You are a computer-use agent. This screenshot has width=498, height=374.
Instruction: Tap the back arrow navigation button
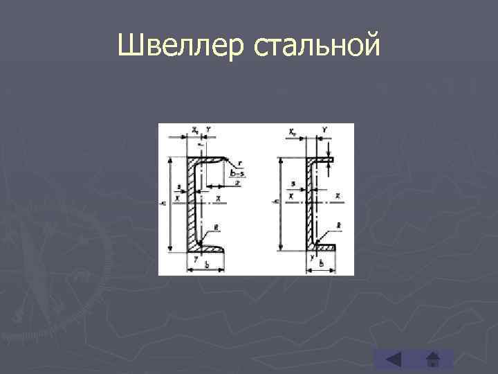click(x=393, y=360)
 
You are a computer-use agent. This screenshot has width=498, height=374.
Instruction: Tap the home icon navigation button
click(x=434, y=360)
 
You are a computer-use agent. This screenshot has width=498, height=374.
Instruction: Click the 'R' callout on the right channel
click(x=339, y=226)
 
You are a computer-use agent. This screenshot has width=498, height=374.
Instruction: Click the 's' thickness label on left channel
click(x=179, y=187)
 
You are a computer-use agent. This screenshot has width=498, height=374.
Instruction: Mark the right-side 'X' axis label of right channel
click(x=338, y=197)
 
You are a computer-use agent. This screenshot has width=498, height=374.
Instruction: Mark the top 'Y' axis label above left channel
click(x=207, y=129)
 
